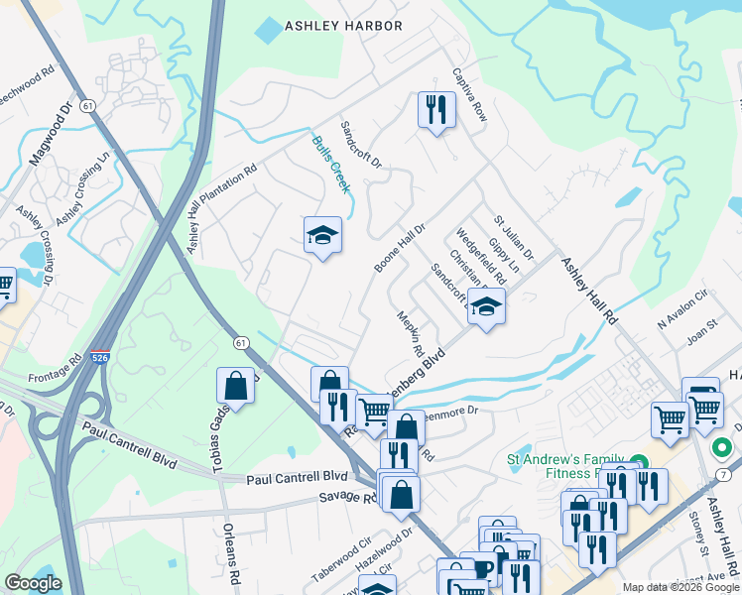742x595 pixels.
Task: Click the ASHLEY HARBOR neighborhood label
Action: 343,26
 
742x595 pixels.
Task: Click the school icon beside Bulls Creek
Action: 322,236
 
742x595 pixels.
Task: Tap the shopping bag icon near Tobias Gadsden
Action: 235,386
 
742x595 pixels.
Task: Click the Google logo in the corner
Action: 33,583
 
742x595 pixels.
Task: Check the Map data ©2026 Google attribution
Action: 680,587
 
